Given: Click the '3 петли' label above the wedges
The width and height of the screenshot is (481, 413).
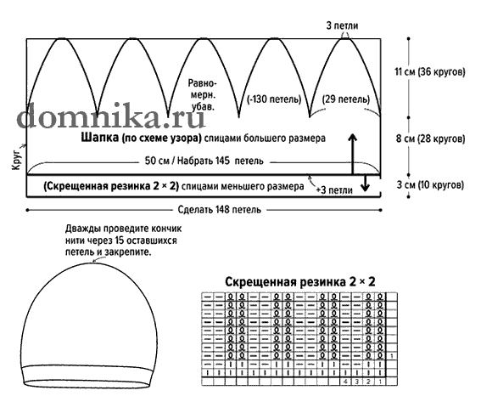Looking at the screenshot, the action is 342,25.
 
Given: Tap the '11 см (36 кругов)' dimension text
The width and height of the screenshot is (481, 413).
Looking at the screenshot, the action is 430,72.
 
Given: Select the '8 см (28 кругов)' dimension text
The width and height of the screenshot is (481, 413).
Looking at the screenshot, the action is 430,139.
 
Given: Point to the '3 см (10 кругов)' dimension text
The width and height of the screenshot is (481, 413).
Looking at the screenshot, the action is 430,185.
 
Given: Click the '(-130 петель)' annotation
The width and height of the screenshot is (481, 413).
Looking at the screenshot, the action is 274,99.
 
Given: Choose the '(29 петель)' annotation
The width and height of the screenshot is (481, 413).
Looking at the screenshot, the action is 346,99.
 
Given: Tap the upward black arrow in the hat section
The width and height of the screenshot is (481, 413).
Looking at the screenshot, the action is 353,154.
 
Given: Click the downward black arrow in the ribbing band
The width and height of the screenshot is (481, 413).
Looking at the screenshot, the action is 365,184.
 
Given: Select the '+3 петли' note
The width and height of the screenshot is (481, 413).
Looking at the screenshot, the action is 334,190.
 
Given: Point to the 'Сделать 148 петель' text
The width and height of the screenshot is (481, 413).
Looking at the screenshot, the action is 220,210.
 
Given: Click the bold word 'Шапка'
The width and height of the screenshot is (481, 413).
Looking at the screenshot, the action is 100,138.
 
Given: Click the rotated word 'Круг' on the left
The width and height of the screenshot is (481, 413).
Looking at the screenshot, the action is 17,158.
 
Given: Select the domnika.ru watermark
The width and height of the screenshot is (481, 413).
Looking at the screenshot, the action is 111,116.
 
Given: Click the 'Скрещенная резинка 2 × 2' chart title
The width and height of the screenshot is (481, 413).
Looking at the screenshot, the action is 300,281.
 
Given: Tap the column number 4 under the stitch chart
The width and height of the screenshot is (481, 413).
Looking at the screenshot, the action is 346,382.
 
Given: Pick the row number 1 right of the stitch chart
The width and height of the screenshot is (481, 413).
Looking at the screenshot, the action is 392,356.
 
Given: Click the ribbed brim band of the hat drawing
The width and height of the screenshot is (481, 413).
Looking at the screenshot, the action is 88,376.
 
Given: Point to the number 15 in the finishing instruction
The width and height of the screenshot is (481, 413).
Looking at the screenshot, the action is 120,240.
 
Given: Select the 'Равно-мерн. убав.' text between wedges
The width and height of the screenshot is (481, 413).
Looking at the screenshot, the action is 203,95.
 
